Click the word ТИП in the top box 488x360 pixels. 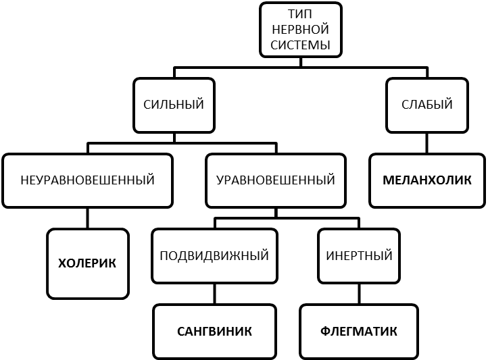point(300,15)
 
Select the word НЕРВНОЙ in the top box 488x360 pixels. point(300,30)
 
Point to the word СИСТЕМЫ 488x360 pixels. point(300,45)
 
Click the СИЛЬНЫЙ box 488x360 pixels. point(174,105)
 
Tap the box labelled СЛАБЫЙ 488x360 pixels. point(426,105)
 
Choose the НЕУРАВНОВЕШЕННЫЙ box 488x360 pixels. point(87,180)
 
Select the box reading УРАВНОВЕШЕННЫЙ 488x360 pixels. point(275,180)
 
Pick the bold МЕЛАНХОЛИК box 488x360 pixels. point(426,180)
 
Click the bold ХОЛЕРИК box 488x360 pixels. point(87,263)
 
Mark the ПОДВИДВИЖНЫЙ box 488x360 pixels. point(214,256)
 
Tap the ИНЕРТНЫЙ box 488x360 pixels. point(359,256)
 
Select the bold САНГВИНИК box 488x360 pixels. point(214,332)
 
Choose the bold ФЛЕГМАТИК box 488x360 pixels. point(358,332)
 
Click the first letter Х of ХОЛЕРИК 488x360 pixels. point(62,263)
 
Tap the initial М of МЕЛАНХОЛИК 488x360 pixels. point(388,180)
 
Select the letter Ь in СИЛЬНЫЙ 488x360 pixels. point(173,105)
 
